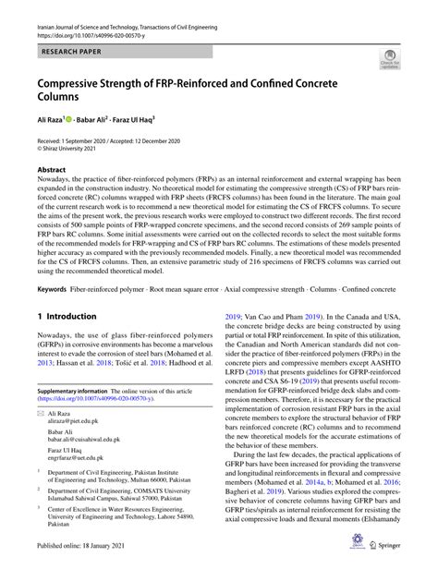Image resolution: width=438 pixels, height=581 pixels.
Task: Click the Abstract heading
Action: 52,171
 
